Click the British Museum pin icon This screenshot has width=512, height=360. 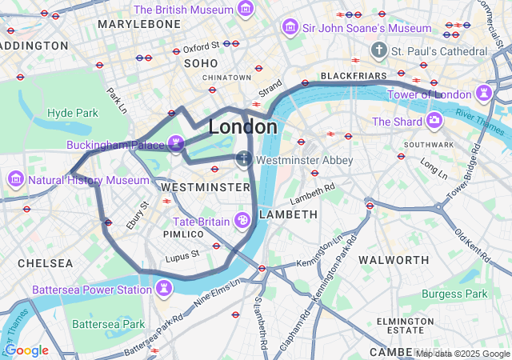coord(246,10)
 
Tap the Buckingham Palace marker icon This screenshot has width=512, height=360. coord(176,143)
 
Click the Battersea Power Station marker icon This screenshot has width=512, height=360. coord(164,287)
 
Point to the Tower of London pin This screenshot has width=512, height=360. coord(485,93)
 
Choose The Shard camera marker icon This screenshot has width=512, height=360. coord(434,121)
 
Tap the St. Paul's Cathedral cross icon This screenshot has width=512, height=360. coord(378,51)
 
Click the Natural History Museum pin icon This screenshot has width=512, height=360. coord(14,178)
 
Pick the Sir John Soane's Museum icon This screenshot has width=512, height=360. coord(290,28)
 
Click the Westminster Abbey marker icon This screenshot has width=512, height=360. coord(244,159)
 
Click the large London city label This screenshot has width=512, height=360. coord(243,127)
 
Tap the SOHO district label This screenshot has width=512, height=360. coord(201,62)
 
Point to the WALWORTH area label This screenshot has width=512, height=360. coord(394,260)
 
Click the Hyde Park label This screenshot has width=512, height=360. coord(72,113)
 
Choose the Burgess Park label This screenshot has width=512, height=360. coord(454,294)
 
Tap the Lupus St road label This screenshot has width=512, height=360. coord(183,255)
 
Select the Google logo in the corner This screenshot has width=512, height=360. coord(26,350)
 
